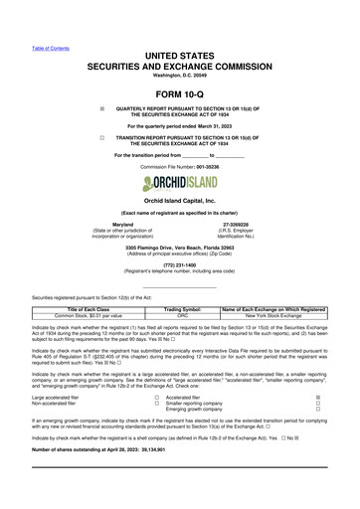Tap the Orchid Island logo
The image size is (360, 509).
179,183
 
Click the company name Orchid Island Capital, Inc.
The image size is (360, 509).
179,200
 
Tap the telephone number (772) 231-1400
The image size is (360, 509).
179,265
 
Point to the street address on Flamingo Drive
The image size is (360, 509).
179,247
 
